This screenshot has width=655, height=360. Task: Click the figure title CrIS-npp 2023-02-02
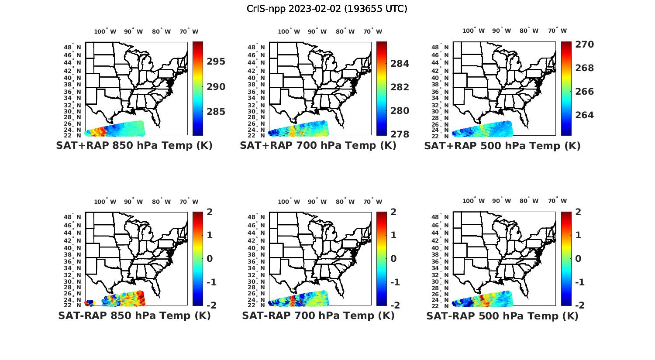327,9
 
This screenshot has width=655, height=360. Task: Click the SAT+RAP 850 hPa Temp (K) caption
134,146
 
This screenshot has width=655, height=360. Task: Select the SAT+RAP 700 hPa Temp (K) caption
318,146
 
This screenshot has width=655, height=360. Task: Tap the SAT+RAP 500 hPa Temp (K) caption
502,146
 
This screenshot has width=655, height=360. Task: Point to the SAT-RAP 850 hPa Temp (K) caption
134,315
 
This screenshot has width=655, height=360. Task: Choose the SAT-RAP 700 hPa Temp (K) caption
318,315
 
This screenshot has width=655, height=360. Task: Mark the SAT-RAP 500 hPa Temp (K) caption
502,316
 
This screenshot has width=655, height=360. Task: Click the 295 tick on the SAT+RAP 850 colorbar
216,62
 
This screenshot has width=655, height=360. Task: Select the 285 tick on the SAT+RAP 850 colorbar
216,112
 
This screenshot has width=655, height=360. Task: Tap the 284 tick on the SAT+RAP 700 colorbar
400,64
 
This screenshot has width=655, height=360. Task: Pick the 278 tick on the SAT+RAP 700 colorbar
400,134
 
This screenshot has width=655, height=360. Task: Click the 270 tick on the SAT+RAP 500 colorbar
584,45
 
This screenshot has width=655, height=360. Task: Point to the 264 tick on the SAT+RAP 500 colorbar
584,115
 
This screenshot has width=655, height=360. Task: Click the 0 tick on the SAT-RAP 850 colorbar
210,259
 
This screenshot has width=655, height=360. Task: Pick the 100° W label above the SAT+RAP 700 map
289,31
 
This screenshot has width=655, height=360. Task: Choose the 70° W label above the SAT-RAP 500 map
557,201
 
